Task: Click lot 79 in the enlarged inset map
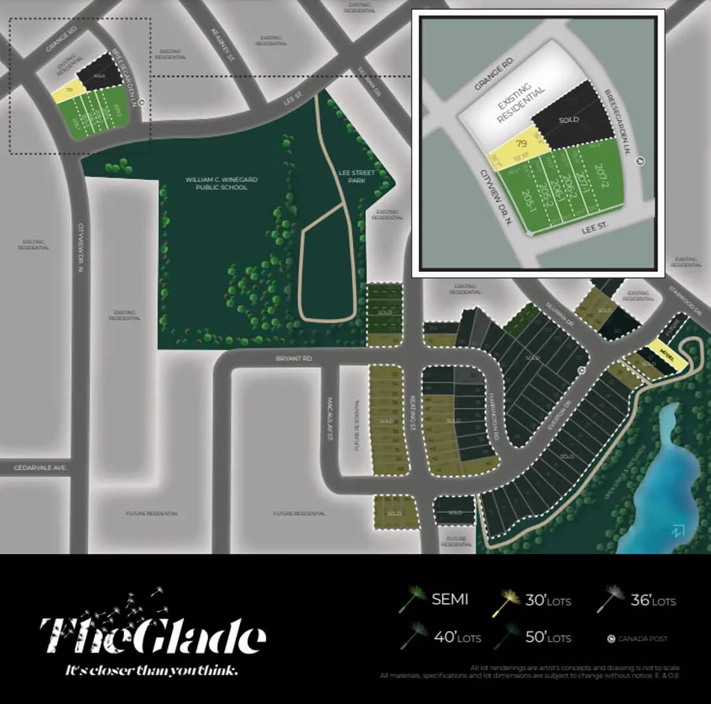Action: point(521,144)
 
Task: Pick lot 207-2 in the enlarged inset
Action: point(600,174)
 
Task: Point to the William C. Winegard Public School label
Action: point(217,183)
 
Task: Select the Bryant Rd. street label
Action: point(295,359)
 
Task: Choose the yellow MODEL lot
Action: point(667,351)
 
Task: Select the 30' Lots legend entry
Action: point(547,600)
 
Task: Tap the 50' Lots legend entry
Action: point(547,637)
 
